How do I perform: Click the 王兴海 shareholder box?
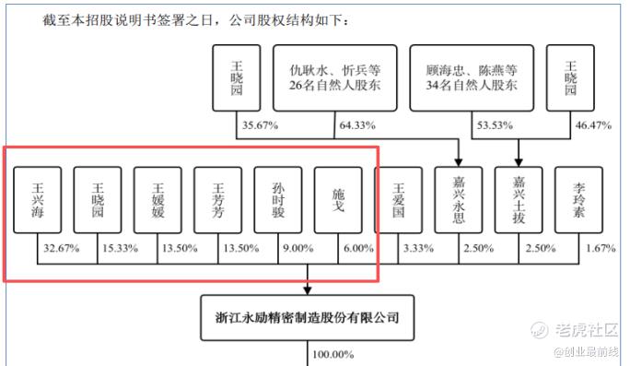pos(38,200)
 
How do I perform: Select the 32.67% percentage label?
pos(62,248)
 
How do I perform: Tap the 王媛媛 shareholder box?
pos(157,200)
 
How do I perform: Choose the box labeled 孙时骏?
pos(278,200)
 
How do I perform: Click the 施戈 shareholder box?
pos(338,200)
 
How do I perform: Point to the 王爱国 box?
pos(398,200)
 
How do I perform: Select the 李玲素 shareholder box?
pos(578,200)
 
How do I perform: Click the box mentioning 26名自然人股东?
pos(334,78)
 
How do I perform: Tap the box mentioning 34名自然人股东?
pos(472,78)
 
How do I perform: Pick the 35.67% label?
pos(260,125)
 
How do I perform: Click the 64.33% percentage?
pos(357,125)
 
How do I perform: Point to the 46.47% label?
pos(593,125)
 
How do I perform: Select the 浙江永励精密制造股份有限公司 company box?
pos(308,318)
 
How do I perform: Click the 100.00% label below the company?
pos(333,354)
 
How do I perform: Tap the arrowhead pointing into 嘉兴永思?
pos(459,162)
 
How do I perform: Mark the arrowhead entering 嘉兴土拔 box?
pos(519,162)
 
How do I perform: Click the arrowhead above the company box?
pos(308,290)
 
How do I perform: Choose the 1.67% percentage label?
pos(601,248)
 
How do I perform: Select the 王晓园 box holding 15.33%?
pos(98,200)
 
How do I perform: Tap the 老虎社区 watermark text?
pos(587,330)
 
